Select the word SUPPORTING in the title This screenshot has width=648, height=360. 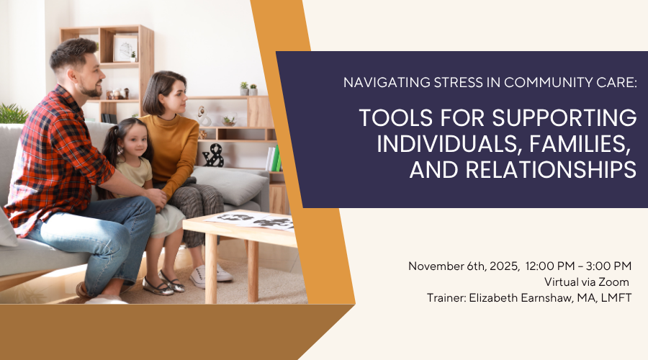[564, 118]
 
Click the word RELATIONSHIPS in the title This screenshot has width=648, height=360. [552, 169]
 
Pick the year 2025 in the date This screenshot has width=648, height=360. [504, 266]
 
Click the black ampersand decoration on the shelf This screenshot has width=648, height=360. [213, 156]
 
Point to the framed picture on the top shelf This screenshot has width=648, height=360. [125, 48]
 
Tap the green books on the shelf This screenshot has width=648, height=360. [276, 158]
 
